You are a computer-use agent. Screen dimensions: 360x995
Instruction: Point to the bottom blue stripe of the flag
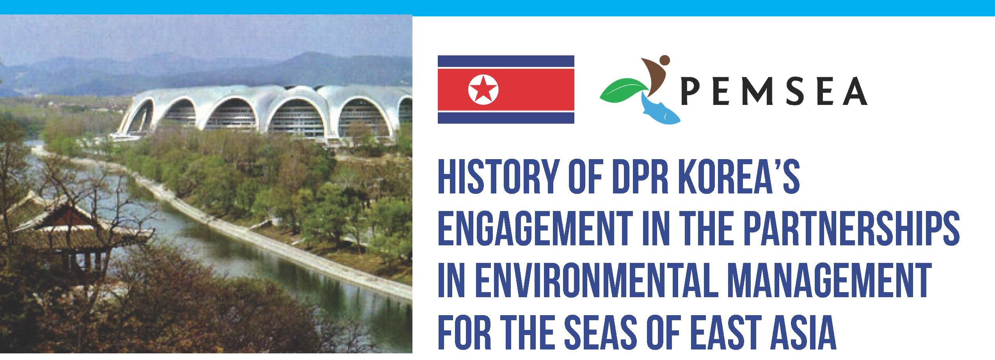tap(506, 118)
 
